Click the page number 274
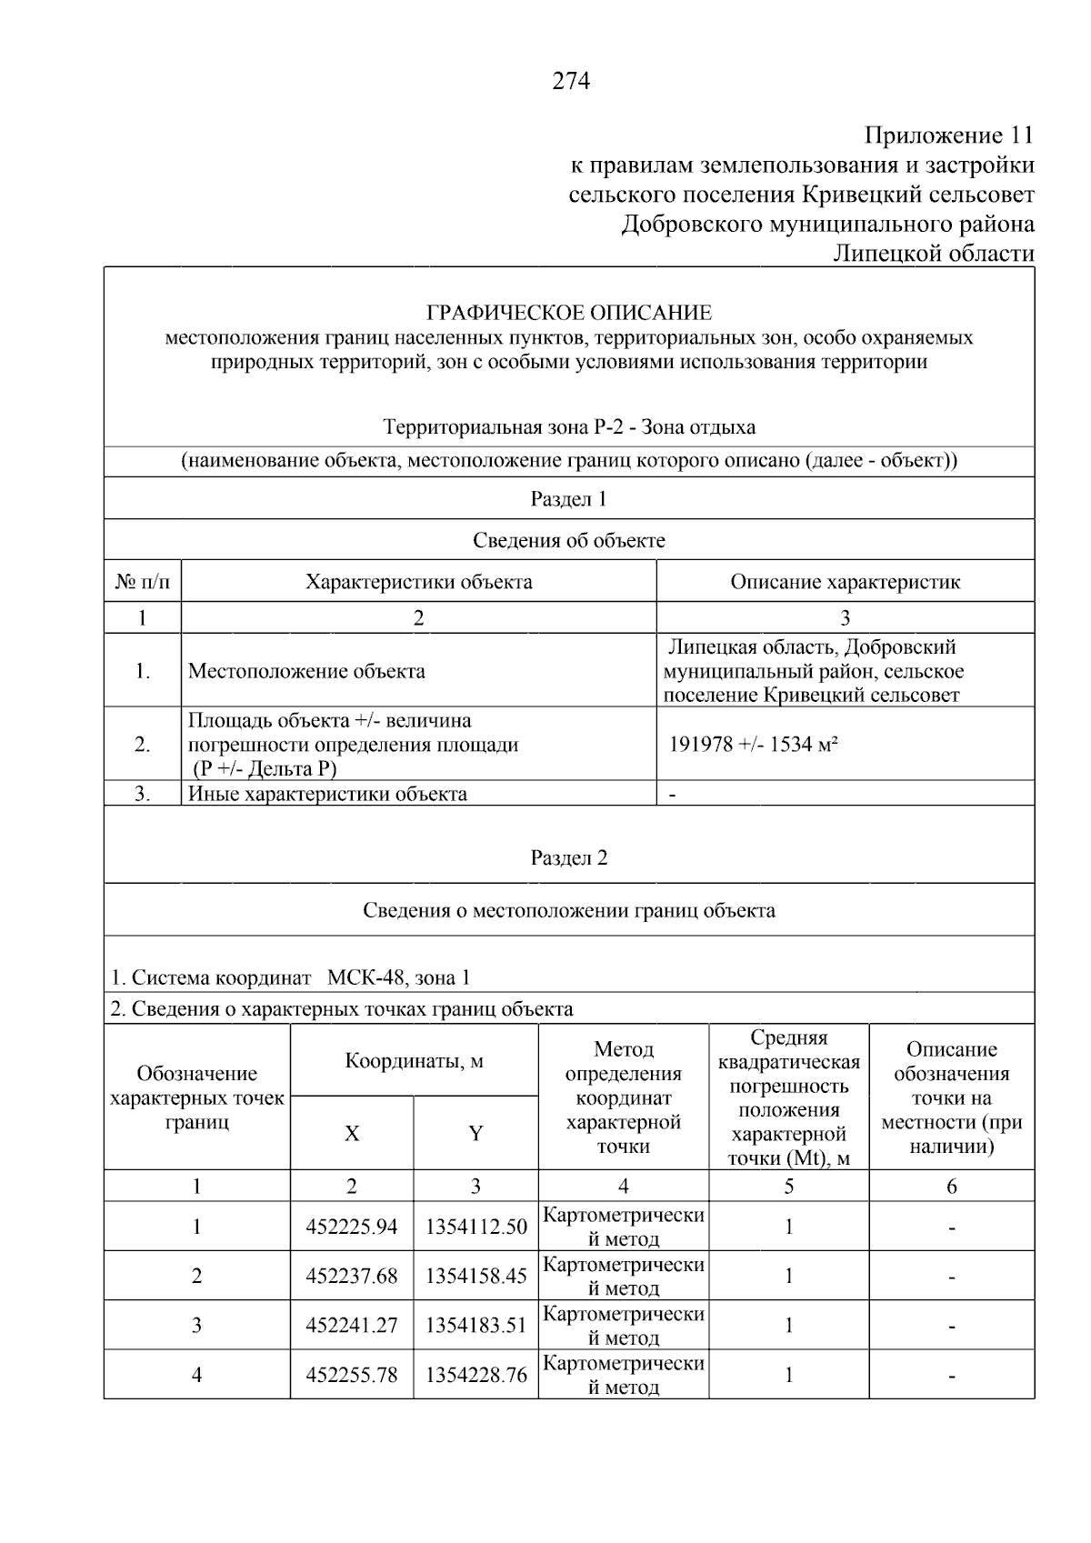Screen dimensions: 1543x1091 point(570,82)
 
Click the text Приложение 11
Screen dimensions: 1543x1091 point(948,136)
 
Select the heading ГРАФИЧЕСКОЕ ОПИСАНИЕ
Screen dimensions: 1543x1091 point(569,314)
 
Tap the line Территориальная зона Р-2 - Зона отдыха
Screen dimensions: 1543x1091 point(569,427)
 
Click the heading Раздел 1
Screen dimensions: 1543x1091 point(568,499)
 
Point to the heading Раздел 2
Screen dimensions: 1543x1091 point(568,858)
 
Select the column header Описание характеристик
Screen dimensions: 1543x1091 point(845,582)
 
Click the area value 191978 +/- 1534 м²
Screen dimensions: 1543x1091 point(753,745)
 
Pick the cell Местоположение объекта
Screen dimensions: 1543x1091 point(306,672)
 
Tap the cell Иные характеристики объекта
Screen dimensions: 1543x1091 point(327,794)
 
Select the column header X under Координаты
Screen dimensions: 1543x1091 point(352,1134)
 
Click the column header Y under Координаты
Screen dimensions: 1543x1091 point(475,1134)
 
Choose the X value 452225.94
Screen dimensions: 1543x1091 point(352,1227)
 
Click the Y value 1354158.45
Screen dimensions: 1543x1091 point(475,1277)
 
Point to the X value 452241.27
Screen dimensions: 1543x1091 point(352,1326)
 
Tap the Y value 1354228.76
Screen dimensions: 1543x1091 point(475,1375)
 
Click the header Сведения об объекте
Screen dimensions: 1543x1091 point(568,541)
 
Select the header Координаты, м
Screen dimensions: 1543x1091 point(414,1061)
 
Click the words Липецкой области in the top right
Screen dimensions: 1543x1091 point(934,253)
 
